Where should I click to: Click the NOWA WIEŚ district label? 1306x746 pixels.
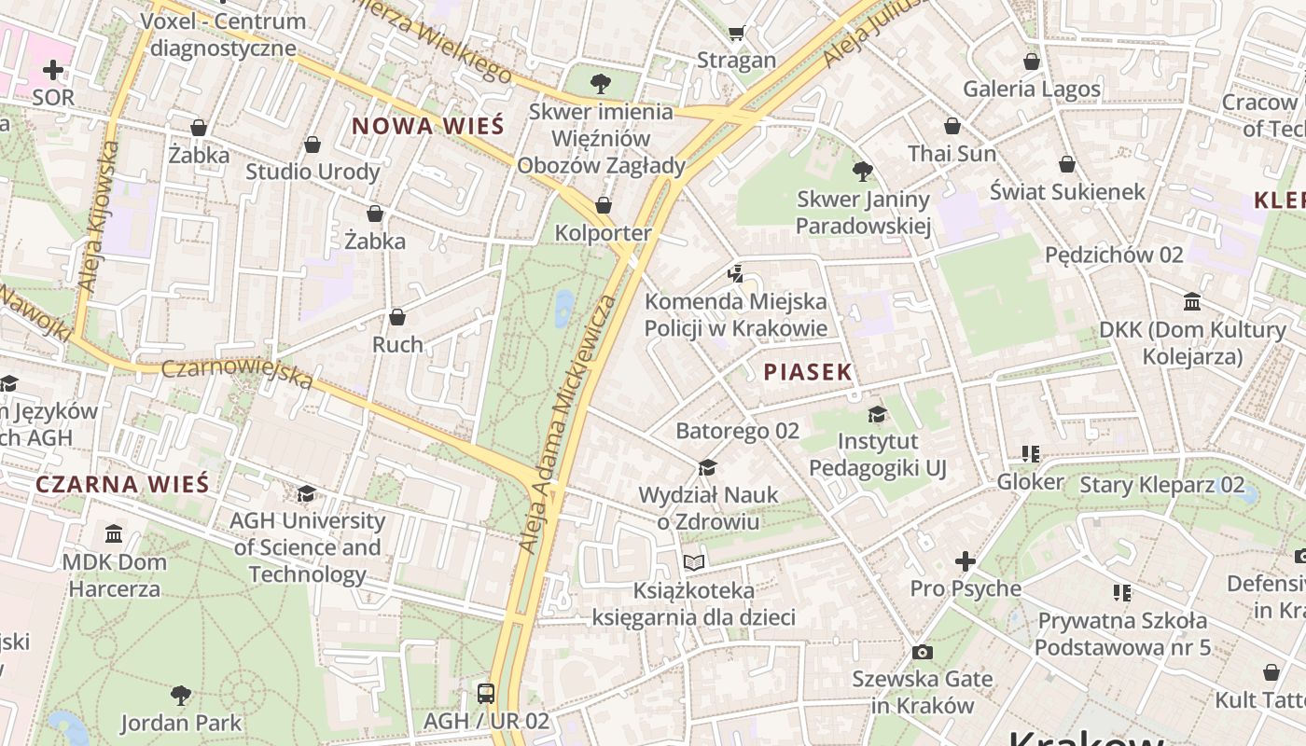427,126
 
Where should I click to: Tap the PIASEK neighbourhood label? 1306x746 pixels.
808,372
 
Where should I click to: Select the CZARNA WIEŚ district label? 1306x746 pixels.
122,484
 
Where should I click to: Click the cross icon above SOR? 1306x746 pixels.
53,70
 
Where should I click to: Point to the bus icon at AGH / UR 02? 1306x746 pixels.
486,693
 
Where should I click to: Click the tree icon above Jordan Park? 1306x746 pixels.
181,695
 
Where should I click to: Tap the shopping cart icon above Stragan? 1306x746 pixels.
736,33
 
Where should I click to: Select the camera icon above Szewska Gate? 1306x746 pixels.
923,652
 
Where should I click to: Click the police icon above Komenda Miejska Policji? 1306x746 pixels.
736,274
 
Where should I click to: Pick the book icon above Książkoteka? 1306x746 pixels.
693,562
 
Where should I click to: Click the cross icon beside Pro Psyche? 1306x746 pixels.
966,561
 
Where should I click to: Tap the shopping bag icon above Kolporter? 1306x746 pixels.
604,205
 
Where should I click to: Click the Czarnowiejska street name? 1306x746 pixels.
237,372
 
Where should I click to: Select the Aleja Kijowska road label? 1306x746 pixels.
98,216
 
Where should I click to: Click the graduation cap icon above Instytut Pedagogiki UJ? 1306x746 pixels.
877,414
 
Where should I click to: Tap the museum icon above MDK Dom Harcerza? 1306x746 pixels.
114,534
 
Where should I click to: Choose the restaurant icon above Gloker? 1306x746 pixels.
1031,454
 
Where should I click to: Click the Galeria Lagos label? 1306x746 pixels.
1032,89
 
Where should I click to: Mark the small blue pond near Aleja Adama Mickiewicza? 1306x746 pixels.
564,308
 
